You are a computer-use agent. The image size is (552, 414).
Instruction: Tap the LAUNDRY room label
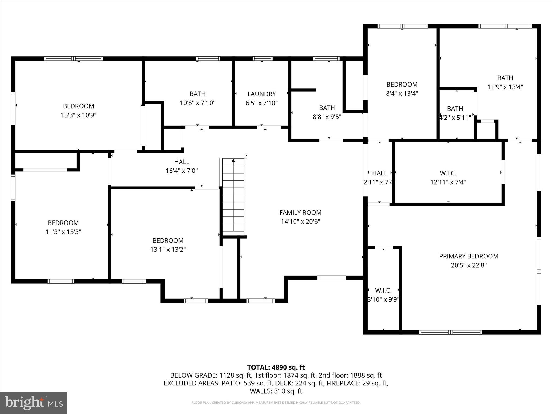click(x=261, y=94)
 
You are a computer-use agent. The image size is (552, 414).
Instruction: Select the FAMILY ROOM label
click(x=300, y=213)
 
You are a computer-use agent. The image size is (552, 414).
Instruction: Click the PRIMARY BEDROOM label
click(x=468, y=256)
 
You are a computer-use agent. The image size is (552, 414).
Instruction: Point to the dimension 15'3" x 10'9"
click(x=78, y=115)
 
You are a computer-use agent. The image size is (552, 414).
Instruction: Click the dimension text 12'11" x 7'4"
click(x=448, y=182)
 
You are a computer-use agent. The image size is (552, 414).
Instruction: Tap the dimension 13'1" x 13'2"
click(x=168, y=250)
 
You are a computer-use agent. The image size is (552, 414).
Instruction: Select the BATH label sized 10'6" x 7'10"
click(x=197, y=94)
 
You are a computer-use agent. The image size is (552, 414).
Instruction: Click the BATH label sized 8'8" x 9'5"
click(x=327, y=108)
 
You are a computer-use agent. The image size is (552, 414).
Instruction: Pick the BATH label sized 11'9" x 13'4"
click(x=505, y=78)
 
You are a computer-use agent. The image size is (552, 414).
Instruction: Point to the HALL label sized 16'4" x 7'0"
click(x=181, y=162)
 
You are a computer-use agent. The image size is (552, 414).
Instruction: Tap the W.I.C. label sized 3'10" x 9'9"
click(x=383, y=291)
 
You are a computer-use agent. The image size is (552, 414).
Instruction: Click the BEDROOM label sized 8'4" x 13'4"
click(x=402, y=84)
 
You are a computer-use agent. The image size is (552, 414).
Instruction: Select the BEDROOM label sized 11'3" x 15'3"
click(x=63, y=223)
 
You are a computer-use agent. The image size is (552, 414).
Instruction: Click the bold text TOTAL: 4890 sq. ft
click(x=276, y=367)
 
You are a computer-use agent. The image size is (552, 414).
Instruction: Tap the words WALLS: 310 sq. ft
click(x=276, y=391)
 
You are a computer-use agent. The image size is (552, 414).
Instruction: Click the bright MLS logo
click(x=34, y=403)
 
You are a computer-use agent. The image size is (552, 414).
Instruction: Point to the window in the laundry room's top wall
click(x=262, y=58)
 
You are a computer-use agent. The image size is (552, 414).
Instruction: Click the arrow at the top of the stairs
click(x=233, y=160)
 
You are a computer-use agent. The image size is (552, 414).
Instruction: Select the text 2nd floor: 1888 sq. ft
click(x=350, y=375)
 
